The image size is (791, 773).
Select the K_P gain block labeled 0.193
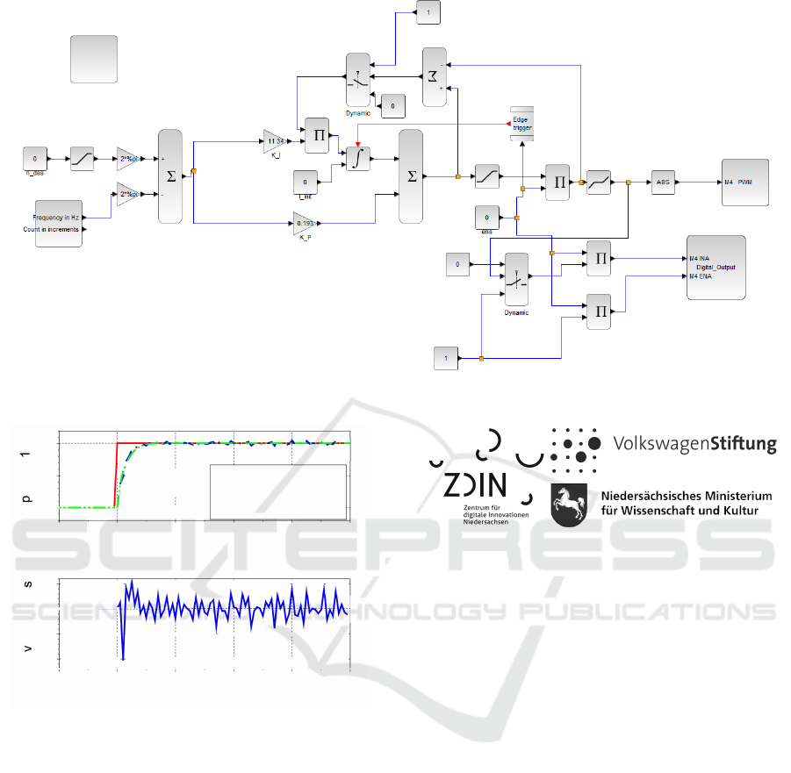(305, 225)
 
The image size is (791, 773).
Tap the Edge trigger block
(521, 125)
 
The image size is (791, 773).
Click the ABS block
(663, 182)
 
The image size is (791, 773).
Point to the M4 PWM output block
(744, 182)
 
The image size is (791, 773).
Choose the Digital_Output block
(715, 267)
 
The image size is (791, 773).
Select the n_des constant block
(35, 160)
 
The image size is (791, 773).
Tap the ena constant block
(486, 216)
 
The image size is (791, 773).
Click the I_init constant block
(305, 183)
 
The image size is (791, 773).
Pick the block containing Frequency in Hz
(58, 223)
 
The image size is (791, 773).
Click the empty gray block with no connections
(94, 59)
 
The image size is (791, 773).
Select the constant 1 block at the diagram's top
(427, 12)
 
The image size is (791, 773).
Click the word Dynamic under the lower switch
(516, 312)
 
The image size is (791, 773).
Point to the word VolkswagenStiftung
(694, 444)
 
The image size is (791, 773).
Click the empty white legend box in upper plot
(278, 490)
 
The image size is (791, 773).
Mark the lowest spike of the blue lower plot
(124, 658)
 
